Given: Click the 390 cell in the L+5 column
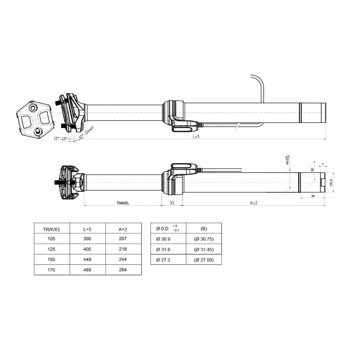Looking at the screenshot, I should point(87,239).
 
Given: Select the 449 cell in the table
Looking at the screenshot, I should point(87,259).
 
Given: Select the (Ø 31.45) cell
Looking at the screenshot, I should point(204,249).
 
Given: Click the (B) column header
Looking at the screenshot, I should point(204,228).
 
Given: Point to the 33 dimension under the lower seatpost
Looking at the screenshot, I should point(172,203).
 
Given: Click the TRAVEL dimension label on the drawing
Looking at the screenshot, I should point(123,203).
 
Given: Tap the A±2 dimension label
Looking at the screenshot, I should point(253,203).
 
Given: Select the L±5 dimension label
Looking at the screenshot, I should point(196,137).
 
